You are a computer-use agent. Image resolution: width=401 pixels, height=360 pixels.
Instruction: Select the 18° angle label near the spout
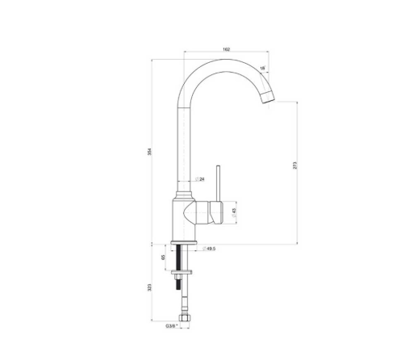(x=263, y=69)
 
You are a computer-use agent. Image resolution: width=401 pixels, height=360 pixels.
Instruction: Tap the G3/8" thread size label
(x=171, y=326)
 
